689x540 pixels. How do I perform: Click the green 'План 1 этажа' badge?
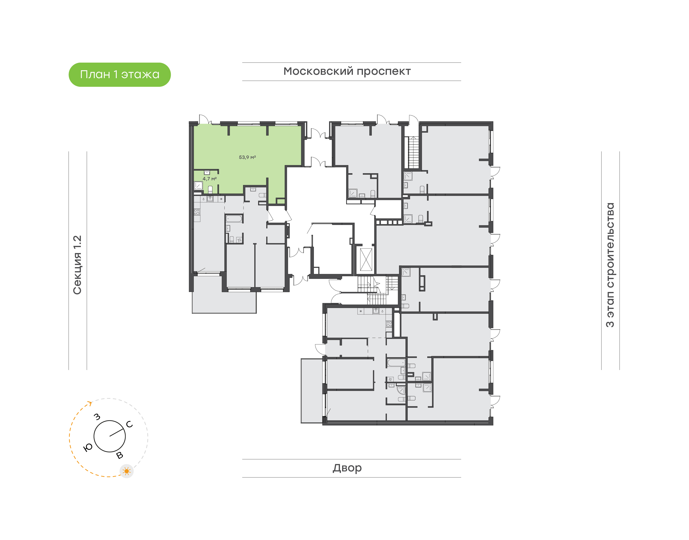120,75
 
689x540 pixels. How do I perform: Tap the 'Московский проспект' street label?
347,71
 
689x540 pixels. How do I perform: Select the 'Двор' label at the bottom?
347,468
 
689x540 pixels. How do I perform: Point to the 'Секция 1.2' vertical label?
77,265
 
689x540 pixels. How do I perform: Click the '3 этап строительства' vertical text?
610,265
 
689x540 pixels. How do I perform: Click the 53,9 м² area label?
247,157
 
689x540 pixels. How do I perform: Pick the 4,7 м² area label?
210,179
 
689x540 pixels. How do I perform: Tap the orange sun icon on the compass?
127,471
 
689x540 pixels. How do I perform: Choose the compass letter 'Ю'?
88,447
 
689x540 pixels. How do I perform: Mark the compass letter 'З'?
97,417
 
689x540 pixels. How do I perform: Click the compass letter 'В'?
120,455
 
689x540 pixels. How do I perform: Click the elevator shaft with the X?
366,259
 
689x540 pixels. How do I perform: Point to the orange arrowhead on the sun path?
90,403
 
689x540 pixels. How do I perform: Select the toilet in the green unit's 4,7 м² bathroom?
210,189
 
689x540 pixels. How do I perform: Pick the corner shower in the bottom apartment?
401,390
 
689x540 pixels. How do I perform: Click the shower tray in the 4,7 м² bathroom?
198,186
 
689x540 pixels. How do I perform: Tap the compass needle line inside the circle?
117,432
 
